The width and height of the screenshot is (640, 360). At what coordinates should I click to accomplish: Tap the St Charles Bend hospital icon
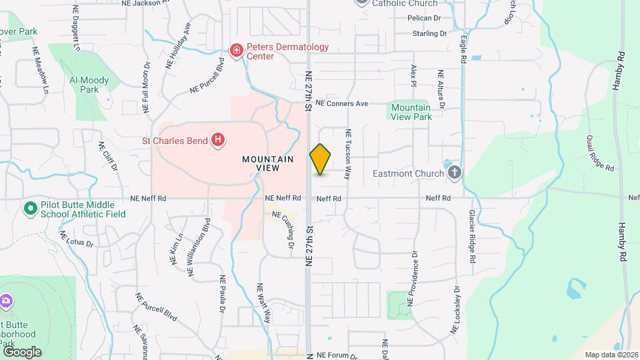pos(217,140)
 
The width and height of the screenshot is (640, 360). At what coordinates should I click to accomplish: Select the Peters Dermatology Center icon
pos(235,50)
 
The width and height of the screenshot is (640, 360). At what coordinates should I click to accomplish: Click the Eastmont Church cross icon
pos(455,174)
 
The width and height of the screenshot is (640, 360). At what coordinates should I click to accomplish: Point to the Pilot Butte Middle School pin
pos(30,209)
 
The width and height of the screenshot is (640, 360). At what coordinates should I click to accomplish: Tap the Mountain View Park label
pos(411,112)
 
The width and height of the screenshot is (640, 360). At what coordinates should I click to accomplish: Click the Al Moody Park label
pos(89,85)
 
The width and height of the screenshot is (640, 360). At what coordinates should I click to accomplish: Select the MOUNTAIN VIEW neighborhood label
pos(268,164)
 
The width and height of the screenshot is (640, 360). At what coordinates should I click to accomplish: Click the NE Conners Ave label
pos(342,104)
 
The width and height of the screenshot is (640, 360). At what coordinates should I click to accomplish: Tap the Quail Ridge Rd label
pos(600,153)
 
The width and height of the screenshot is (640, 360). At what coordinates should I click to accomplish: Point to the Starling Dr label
pos(429,33)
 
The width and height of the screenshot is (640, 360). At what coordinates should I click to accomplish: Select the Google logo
pos(21,351)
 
